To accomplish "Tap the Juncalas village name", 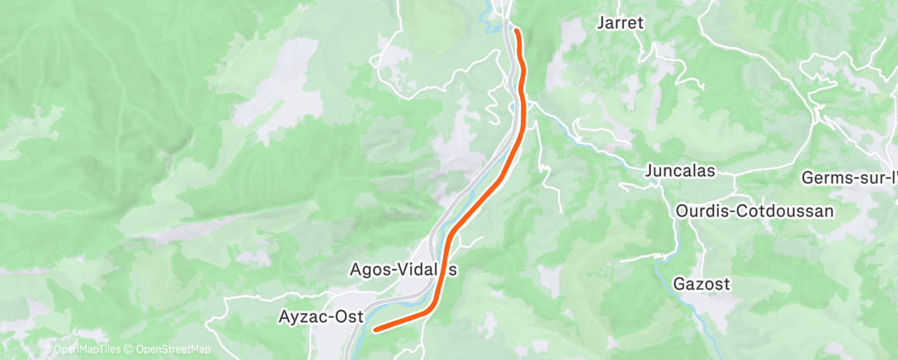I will pos(680,173).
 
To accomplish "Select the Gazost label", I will pos(702,285).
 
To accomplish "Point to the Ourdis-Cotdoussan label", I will pos(754,211).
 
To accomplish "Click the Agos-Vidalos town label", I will pos(404,270).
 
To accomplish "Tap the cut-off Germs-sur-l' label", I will pos(849,178).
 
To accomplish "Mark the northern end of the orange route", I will pos(517,31).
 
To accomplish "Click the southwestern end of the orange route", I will pos(376,330).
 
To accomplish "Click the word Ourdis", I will pos(697,211).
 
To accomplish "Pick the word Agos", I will pos(368,270).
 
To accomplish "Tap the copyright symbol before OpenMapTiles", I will pos(46,350).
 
